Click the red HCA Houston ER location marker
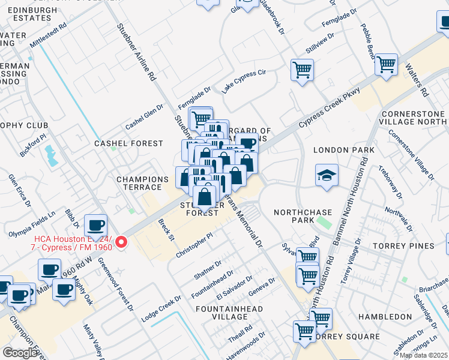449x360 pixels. pyautogui.click(x=121, y=242)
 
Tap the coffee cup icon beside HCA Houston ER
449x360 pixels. pyautogui.click(x=95, y=226)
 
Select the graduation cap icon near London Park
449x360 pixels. pyautogui.click(x=327, y=175)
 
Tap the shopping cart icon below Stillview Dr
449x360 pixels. pyautogui.click(x=302, y=70)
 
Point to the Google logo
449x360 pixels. pyautogui.click(x=20, y=353)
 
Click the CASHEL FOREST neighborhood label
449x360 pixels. pyautogui.click(x=129, y=143)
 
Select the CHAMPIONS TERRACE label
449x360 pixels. pyautogui.click(x=142, y=184)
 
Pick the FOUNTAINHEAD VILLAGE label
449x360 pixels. pyautogui.click(x=229, y=313)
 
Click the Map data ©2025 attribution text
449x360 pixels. pyautogui.click(x=424, y=355)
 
